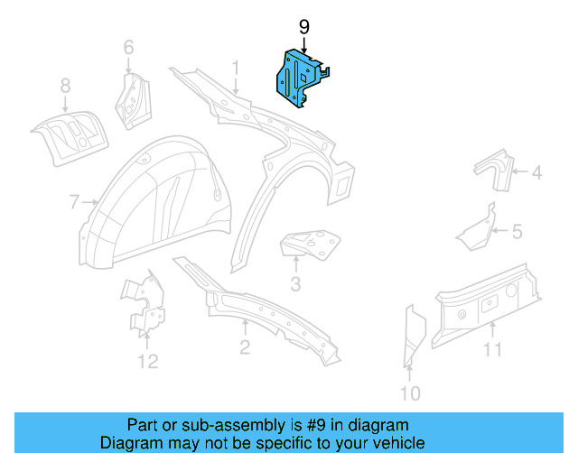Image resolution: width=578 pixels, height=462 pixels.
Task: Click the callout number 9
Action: coord(303,27)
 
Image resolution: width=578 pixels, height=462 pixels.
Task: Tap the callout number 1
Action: coord(236,68)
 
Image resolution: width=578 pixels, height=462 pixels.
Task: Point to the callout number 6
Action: coord(128,47)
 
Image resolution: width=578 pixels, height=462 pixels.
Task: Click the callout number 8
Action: coord(65,86)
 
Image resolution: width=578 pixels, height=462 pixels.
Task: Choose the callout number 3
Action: coord(295,286)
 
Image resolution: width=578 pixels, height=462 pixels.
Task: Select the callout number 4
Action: coord(536,172)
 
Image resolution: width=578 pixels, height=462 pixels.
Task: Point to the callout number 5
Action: coord(517,232)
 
